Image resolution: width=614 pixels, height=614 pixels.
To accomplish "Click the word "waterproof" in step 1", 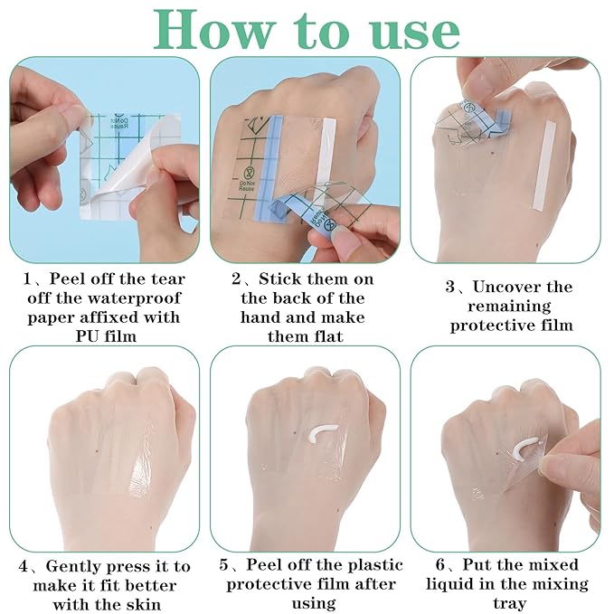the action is pyautogui.click(x=134, y=298).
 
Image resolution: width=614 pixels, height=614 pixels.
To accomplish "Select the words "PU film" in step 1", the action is pyautogui.click(x=106, y=336).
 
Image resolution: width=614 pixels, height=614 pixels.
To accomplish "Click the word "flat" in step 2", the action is pyautogui.click(x=326, y=336).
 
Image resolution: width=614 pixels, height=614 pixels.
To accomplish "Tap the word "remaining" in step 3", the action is pyautogui.click(x=509, y=307).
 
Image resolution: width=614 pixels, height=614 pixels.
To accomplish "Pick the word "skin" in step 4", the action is pyautogui.click(x=143, y=604).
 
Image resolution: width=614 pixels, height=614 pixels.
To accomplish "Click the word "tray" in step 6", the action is pyautogui.click(x=509, y=604).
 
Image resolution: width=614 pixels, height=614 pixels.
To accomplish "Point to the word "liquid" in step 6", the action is pyautogui.click(x=451, y=585).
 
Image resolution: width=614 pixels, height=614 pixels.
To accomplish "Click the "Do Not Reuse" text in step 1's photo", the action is pyautogui.click(x=118, y=123).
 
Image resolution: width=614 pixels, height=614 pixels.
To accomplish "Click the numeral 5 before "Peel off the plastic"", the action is pyautogui.click(x=223, y=565).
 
